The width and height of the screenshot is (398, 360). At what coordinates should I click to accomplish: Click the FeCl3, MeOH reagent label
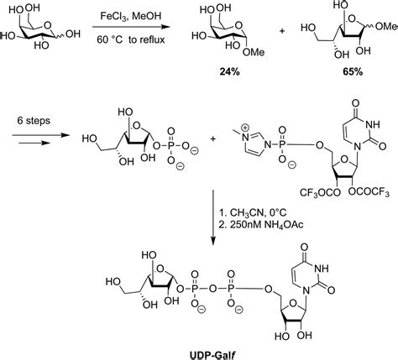click(x=131, y=16)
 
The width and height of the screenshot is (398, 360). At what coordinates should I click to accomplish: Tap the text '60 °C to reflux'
click(x=131, y=39)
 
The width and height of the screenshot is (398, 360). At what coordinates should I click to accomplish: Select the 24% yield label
click(x=229, y=72)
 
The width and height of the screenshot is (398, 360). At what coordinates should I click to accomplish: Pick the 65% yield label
click(x=353, y=72)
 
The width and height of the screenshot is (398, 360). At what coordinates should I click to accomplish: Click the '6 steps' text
click(x=34, y=121)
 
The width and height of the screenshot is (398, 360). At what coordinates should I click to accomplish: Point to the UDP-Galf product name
click(x=212, y=355)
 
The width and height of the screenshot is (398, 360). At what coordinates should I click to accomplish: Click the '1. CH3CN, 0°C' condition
click(x=253, y=213)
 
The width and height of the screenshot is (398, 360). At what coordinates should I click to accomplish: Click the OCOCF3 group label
click(x=369, y=192)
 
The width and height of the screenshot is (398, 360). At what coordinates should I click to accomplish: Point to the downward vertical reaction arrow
click(x=213, y=217)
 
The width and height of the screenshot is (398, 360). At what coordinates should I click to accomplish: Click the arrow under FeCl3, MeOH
click(x=131, y=27)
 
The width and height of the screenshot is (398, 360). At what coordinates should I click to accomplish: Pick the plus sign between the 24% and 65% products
click(x=282, y=31)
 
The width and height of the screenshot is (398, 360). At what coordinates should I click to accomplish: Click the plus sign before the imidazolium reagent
click(x=213, y=138)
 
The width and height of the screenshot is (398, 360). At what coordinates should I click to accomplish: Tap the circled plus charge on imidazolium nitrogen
click(x=245, y=128)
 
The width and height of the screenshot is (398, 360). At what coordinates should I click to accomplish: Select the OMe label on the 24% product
click(x=254, y=52)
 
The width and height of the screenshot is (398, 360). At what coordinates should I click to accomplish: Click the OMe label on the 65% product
click(x=387, y=27)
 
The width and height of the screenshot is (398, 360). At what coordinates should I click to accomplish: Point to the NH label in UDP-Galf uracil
click(x=322, y=269)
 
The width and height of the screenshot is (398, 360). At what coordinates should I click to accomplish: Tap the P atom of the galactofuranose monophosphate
click(x=171, y=145)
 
